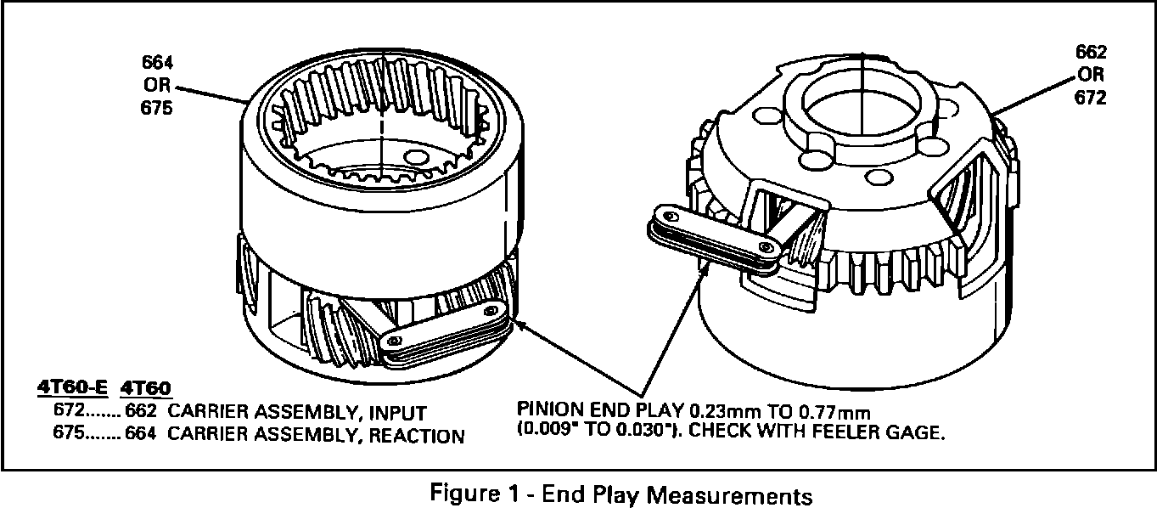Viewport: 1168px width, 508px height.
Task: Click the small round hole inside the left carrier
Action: pyautogui.click(x=416, y=158)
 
